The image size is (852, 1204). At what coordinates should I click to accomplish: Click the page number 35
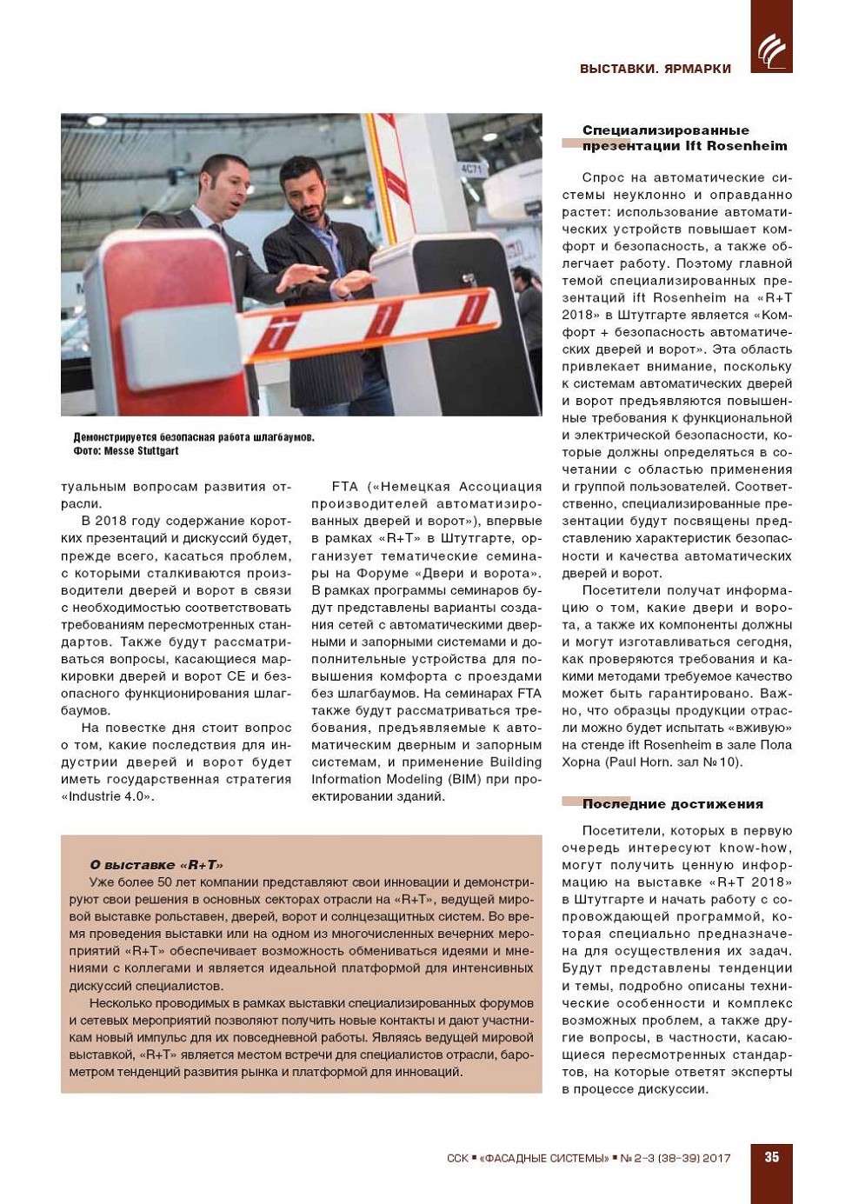(771, 1157)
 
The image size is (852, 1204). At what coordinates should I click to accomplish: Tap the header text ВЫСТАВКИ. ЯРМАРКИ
(655, 69)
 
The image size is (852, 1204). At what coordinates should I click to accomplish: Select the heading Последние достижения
(672, 804)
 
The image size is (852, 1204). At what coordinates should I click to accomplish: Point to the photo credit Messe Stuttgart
(141, 451)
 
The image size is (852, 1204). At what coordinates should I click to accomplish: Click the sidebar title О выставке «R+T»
(156, 864)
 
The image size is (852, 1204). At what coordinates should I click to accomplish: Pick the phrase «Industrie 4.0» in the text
(107, 796)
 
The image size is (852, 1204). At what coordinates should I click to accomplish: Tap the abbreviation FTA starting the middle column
(345, 487)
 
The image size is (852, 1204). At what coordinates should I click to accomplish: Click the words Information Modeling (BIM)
(396, 779)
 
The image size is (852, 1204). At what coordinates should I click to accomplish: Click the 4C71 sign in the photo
(471, 169)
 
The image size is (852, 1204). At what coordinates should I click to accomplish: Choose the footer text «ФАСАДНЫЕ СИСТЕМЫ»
(544, 1158)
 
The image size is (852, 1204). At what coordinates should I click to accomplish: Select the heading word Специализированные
(665, 130)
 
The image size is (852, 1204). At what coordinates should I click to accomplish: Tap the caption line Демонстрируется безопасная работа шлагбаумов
(193, 437)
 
